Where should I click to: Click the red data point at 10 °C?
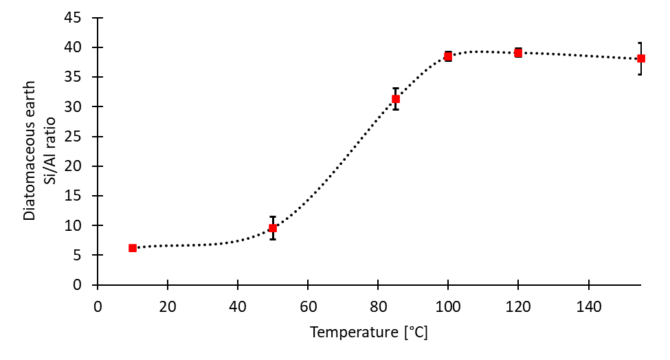[133, 248]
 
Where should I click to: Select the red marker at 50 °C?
[273, 228]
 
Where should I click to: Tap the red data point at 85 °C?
[396, 99]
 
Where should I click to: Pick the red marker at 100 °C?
[448, 56]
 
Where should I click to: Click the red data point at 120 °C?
[518, 53]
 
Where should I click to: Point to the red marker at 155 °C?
[640, 58]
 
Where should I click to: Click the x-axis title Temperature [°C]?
[369, 333]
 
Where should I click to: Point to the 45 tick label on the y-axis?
[82, 18]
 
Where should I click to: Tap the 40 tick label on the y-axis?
[82, 47]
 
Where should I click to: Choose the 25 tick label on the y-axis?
[82, 136]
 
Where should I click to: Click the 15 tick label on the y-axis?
[82, 196]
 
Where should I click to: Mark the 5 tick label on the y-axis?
[85, 255]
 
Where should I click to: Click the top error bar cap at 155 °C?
[640, 43]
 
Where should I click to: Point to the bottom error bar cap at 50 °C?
[273, 239]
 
